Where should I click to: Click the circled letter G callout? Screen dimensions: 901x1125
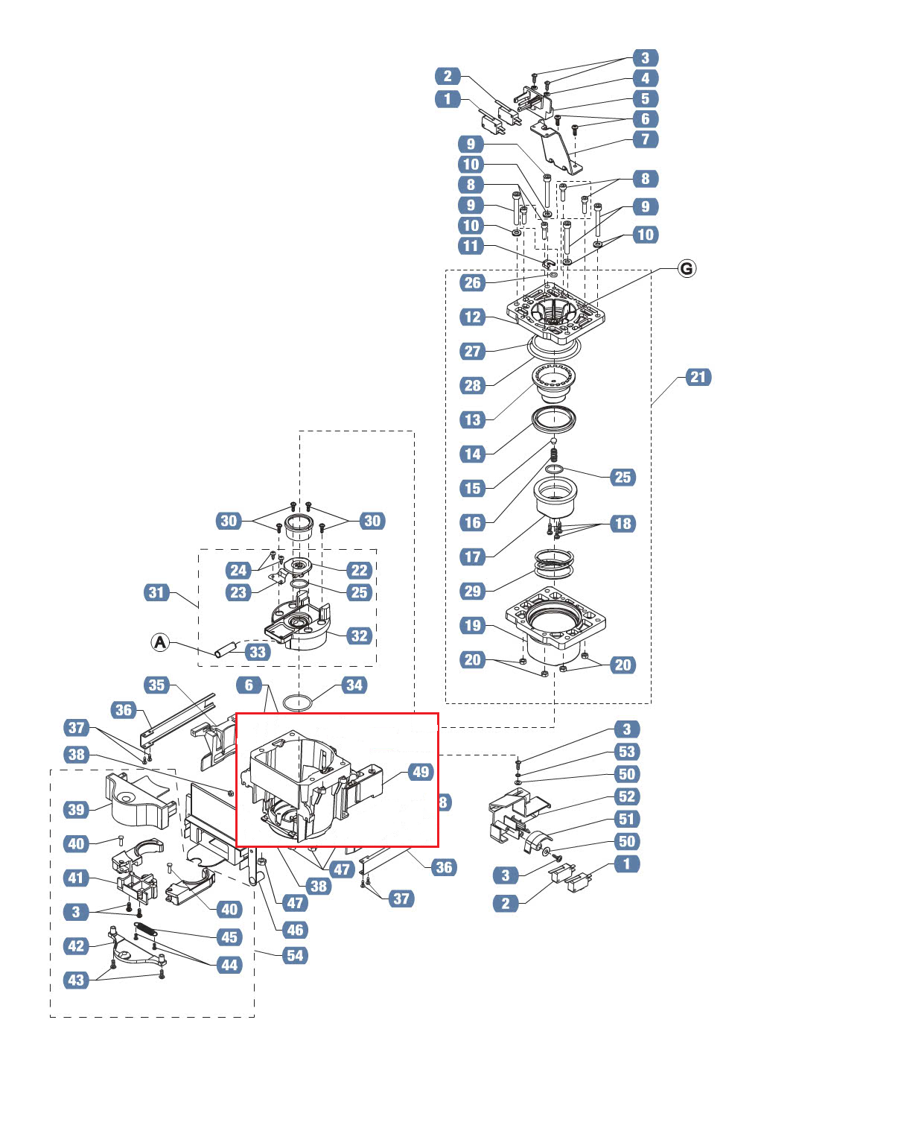click(687, 269)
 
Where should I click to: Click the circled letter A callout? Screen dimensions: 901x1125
click(160, 642)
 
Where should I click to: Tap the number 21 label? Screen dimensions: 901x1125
click(698, 377)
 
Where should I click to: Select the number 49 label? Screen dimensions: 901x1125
click(421, 772)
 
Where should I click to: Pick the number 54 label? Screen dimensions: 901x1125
click(295, 956)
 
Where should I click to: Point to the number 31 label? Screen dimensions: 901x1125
click(156, 592)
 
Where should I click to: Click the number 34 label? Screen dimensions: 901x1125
click(354, 685)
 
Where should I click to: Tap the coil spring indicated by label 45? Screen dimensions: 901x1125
click(144, 929)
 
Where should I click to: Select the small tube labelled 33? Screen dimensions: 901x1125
click(226, 649)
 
